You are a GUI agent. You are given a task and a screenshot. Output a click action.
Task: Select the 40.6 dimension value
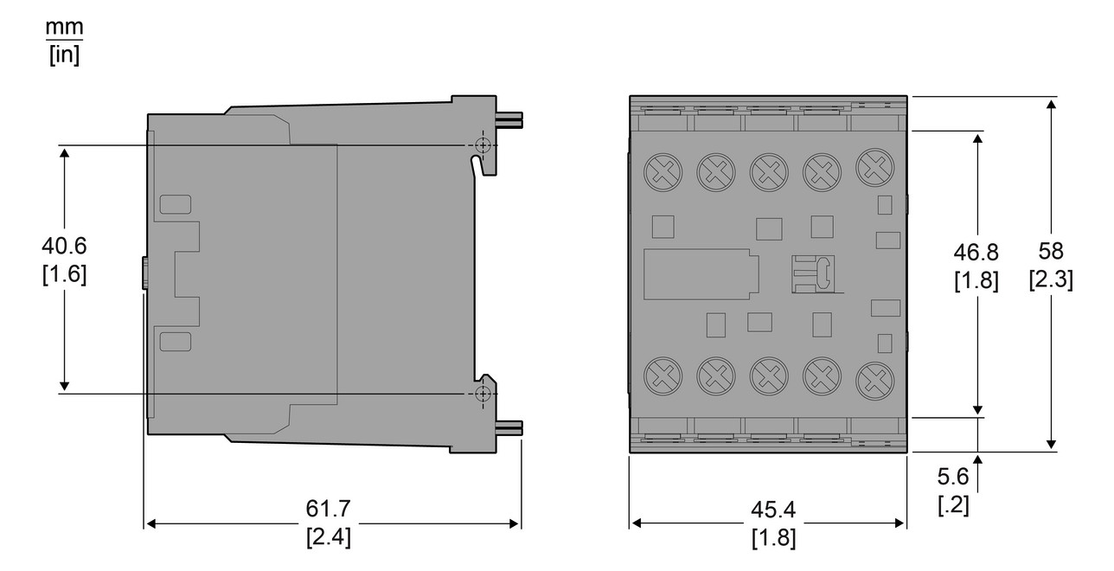click(64, 246)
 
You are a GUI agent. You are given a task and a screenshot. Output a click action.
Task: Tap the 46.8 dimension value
click(976, 252)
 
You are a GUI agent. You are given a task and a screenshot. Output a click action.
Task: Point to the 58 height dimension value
click(1051, 252)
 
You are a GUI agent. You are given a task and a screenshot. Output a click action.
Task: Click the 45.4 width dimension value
click(773, 510)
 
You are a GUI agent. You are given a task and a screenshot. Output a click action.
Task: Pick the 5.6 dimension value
click(953, 477)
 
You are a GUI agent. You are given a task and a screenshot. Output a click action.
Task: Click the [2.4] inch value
click(329, 537)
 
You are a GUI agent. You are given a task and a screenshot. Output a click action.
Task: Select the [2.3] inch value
click(1051, 280)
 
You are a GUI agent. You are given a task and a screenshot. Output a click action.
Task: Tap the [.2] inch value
click(953, 505)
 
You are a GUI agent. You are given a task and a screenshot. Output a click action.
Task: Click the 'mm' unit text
click(64, 29)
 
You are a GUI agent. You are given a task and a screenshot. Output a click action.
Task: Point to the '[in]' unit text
click(64, 56)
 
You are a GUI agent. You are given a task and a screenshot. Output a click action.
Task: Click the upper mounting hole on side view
click(483, 144)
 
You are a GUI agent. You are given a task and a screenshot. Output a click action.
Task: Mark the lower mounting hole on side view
click(483, 394)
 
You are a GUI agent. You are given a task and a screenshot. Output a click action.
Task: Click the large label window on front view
click(699, 274)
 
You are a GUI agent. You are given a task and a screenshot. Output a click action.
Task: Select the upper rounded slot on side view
click(176, 204)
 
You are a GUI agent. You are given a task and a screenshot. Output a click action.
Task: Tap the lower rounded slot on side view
click(176, 341)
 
